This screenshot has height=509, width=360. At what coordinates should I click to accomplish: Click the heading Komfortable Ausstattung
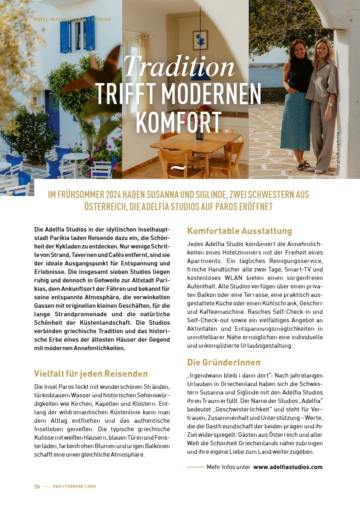tap(239, 231)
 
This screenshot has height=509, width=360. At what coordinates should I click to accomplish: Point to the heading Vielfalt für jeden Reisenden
tap(91, 373)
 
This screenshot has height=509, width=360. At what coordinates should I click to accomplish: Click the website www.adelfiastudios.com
tap(288, 467)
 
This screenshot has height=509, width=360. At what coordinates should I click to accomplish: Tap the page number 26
tap(37, 486)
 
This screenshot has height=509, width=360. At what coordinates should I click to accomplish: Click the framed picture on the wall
tap(200, 40)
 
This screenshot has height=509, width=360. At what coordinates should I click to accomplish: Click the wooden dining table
tap(195, 142)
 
